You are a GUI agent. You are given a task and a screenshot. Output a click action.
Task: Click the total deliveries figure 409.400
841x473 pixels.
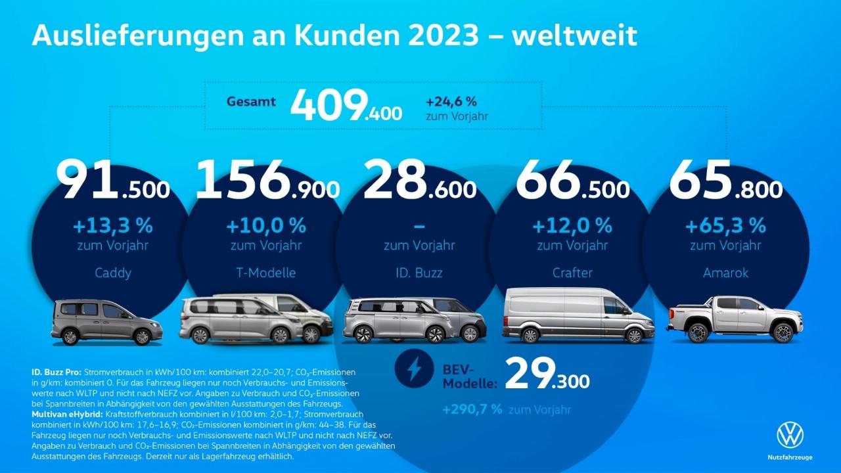(346, 106)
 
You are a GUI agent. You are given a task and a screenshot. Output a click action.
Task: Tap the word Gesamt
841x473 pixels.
(251, 102)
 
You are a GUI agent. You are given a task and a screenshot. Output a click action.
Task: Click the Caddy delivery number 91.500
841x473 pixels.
(112, 180)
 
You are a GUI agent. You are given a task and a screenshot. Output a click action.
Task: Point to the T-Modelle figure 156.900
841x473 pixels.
(267, 180)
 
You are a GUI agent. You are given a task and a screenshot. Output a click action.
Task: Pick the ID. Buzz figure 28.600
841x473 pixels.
(419, 180)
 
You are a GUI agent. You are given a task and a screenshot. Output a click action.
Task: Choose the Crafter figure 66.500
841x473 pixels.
(572, 180)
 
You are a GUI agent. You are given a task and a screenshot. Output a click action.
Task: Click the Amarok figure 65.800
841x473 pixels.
(725, 180)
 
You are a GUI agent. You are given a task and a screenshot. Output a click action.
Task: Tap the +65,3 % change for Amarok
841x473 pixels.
(725, 227)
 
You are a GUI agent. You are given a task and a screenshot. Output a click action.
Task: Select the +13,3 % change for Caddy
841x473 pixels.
(113, 227)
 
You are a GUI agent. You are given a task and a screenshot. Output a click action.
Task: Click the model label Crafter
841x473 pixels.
(572, 273)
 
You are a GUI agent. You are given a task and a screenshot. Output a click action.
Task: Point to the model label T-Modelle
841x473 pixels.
(266, 273)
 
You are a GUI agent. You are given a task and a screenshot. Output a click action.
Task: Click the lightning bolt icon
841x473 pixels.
(414, 370)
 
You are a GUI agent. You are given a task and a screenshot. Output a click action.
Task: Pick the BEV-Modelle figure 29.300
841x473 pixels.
(547, 374)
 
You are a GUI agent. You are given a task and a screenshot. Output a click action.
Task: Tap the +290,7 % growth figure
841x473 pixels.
(472, 409)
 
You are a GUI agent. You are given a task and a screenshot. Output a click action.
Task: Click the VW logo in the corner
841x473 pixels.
(790, 436)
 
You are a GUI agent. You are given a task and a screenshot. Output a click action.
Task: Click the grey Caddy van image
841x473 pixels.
(106, 322)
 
